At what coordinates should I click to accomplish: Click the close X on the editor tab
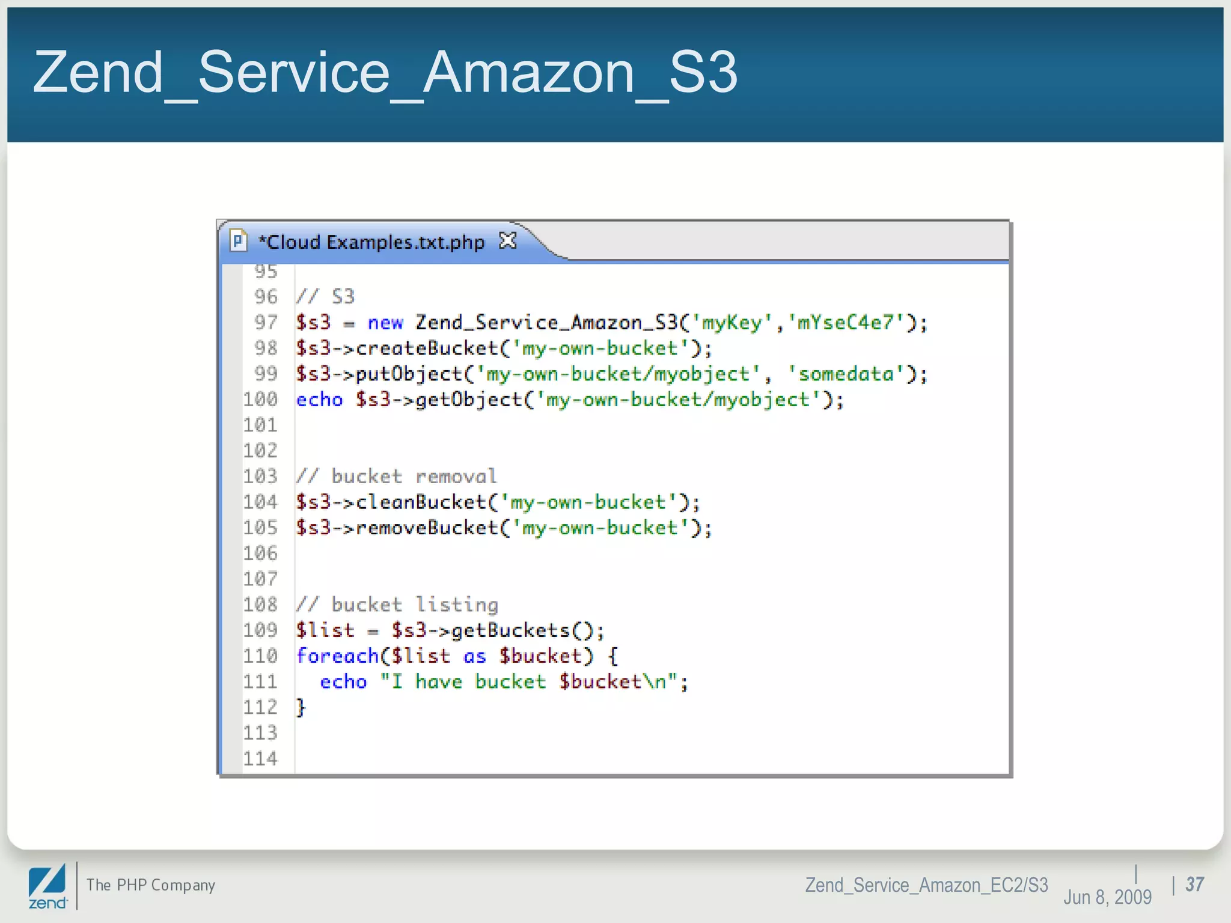pos(508,241)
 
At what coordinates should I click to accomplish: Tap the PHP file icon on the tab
pos(238,241)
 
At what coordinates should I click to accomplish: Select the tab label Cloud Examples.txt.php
pos(371,242)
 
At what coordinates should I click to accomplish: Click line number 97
pos(266,323)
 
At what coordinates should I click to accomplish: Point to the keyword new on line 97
pos(385,323)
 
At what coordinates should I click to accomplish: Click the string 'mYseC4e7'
pos(846,323)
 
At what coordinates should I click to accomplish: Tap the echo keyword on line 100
pos(319,400)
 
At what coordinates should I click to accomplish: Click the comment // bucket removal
pos(397,477)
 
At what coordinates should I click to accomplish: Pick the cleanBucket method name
pos(421,502)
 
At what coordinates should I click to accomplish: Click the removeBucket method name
pos(427,528)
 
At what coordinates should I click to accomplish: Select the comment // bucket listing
pos(397,605)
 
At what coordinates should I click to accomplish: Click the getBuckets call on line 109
pos(511,630)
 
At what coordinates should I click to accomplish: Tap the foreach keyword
pos(337,656)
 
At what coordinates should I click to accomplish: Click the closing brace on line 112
pos(301,707)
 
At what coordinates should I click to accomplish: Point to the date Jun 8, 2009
pos(1107,897)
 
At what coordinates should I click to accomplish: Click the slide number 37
pos(1194,885)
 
